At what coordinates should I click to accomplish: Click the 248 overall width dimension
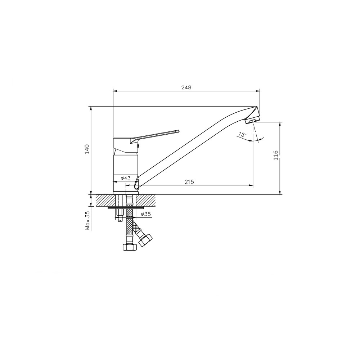[186, 87]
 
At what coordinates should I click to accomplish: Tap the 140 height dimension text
[87, 149]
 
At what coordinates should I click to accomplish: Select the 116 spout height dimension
[276, 155]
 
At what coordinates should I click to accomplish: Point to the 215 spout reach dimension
[189, 182]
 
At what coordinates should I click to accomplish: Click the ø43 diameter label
[126, 178]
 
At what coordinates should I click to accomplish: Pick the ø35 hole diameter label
[145, 214]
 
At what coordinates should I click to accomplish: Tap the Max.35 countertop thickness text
[87, 221]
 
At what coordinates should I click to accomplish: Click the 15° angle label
[242, 134]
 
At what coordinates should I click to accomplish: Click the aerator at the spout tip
[252, 120]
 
